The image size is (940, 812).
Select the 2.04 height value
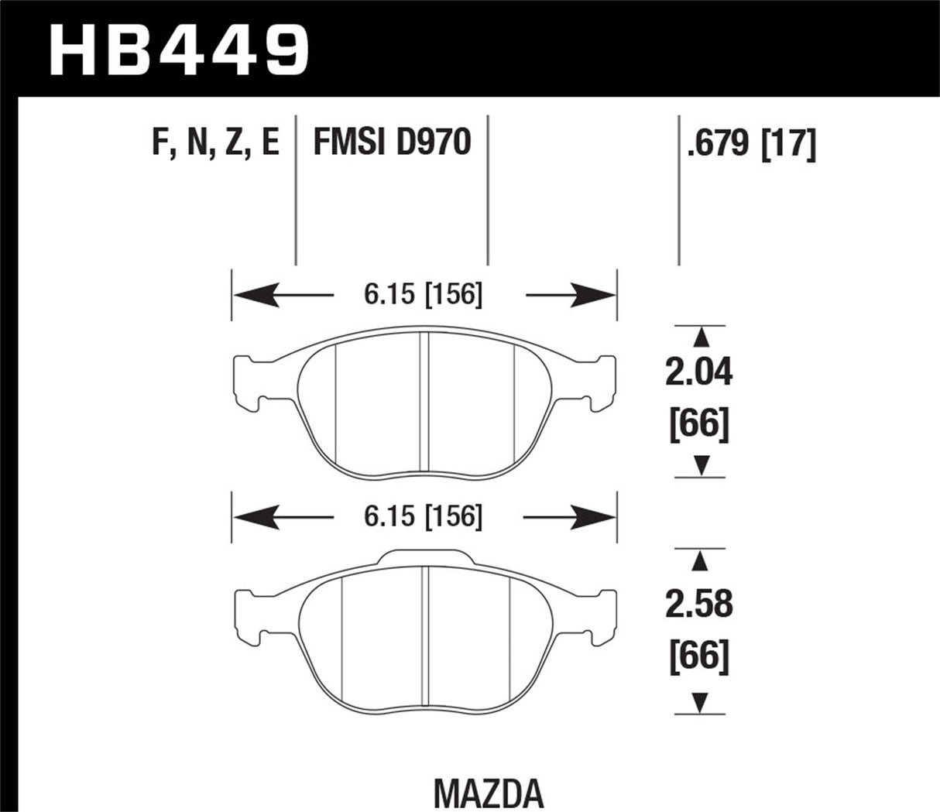699,374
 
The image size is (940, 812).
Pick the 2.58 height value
699,604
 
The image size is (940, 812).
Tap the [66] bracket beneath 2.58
699,656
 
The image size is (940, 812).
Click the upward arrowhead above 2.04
700,336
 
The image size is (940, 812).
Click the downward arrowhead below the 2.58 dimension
700,702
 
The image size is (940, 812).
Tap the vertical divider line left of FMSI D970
296,194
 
